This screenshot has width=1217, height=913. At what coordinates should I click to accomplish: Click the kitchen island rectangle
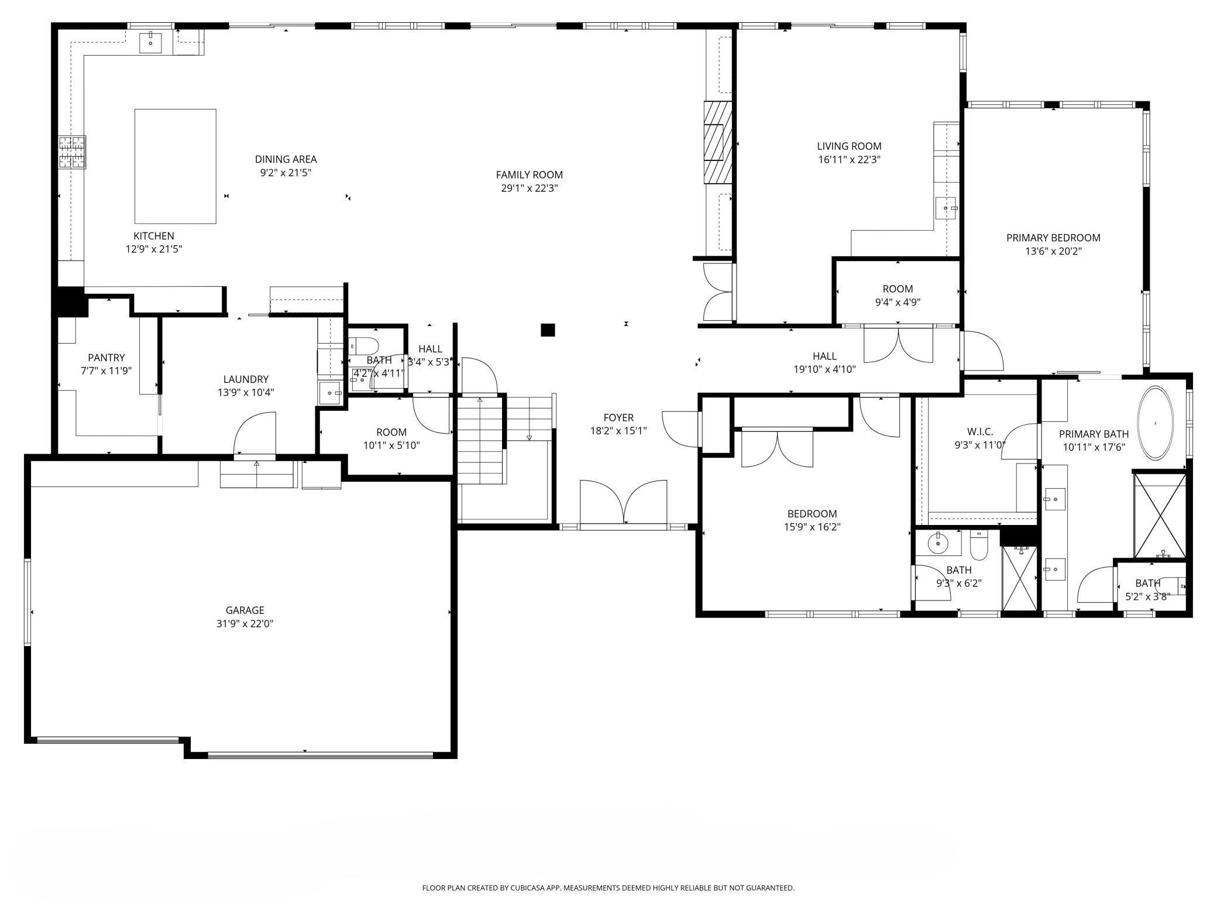[175, 166]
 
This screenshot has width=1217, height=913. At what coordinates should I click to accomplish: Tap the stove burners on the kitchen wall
[72, 152]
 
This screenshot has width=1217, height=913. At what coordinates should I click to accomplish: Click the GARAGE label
[245, 610]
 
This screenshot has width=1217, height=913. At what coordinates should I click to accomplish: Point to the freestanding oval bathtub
[1155, 423]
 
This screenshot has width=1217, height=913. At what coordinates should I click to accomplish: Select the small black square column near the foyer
[547, 330]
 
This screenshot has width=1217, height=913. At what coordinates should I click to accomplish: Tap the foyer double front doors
[623, 503]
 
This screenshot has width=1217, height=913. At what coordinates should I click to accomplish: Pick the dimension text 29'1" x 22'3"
[529, 188]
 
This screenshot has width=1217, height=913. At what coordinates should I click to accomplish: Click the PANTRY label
[106, 358]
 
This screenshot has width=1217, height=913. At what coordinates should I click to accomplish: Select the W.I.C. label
[980, 432]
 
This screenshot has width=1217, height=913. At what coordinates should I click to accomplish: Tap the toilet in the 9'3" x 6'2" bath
[978, 545]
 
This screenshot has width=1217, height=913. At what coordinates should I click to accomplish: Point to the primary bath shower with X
[1160, 515]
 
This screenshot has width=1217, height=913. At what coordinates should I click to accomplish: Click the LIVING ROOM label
[849, 146]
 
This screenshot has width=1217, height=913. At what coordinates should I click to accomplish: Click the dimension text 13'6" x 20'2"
[1053, 252]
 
